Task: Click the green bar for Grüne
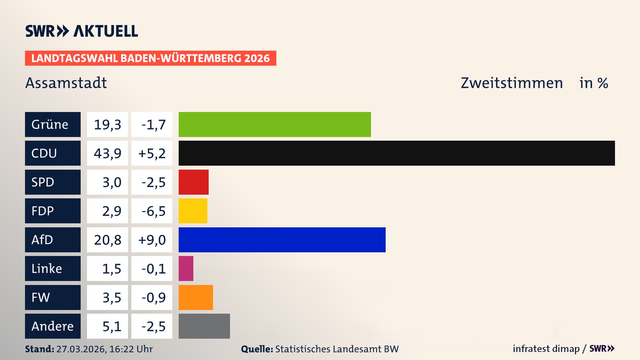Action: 275,124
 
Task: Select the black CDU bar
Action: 397,153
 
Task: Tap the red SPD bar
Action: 194,182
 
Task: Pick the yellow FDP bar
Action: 193,211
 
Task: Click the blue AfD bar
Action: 282,240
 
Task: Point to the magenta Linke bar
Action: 186,268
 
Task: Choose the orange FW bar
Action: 196,297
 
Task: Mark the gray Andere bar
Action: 204,326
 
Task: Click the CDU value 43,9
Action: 107,153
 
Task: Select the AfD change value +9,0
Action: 152,240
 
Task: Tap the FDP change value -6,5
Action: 153,211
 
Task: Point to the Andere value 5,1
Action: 111,326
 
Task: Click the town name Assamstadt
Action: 66,83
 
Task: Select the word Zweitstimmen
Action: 512,83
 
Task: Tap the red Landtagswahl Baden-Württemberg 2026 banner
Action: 150,58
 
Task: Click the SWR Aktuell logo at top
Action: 82,31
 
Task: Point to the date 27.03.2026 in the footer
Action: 81,349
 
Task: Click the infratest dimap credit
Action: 546,349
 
